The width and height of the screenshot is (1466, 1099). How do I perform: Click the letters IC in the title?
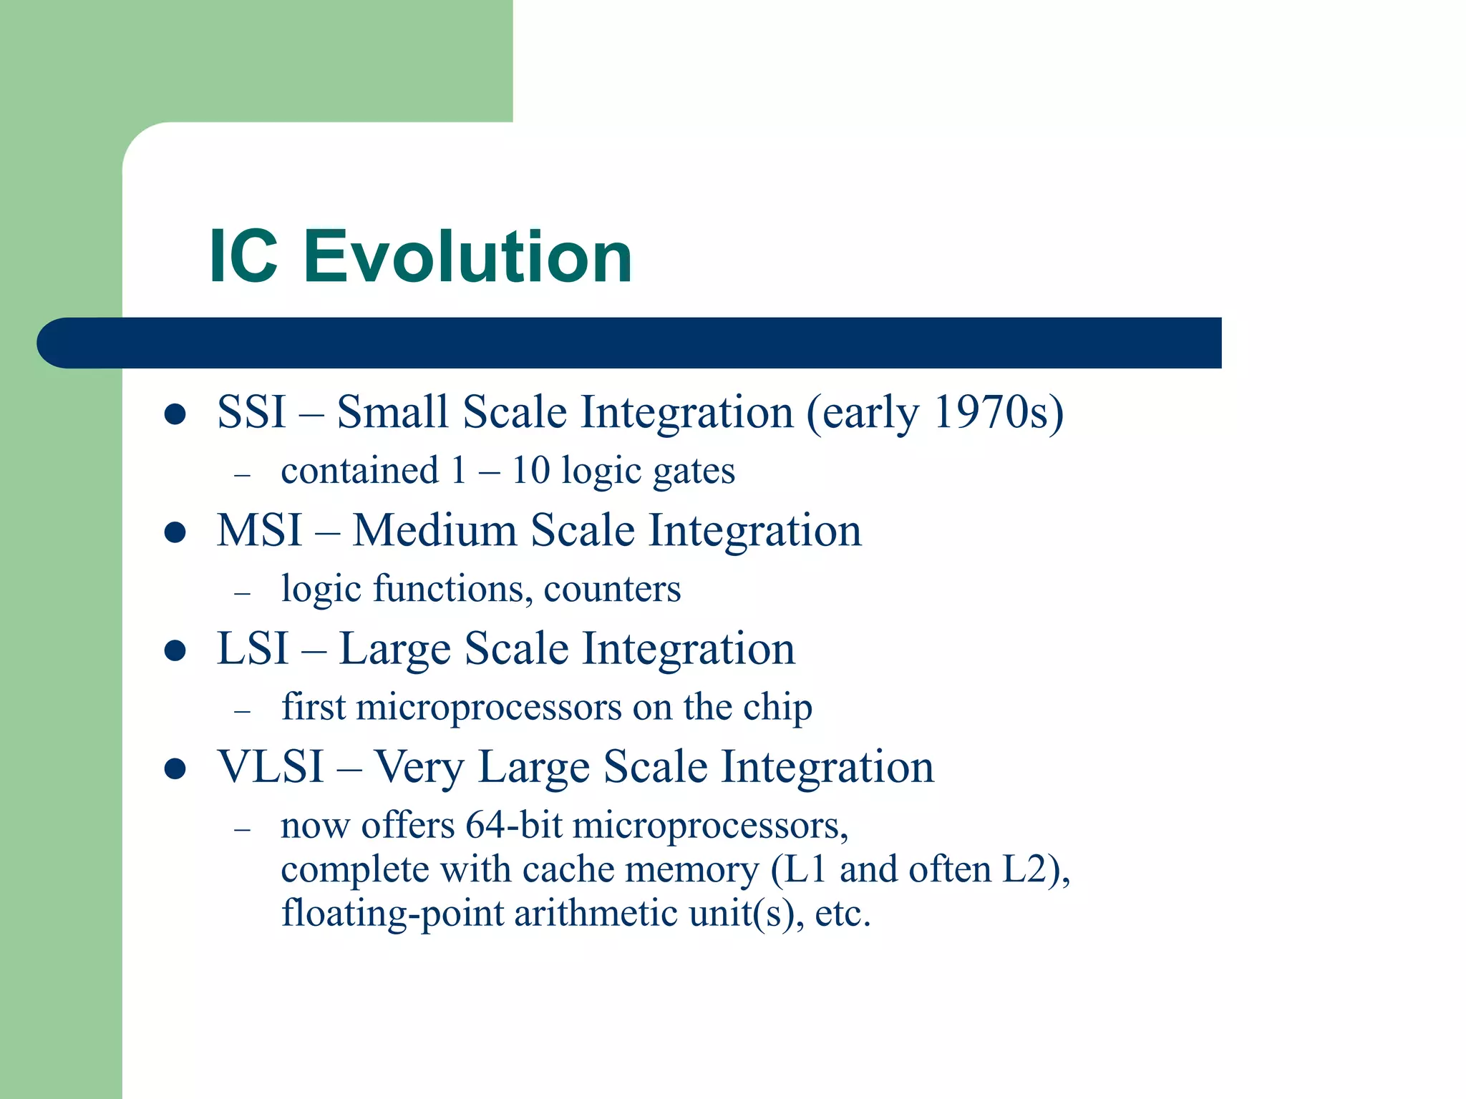[x=243, y=256]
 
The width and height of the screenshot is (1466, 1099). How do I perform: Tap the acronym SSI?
[x=251, y=413]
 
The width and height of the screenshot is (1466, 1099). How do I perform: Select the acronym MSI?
[x=259, y=531]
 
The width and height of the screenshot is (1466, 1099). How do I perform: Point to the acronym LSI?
[x=252, y=649]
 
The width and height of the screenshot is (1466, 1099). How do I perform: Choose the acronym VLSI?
[x=271, y=767]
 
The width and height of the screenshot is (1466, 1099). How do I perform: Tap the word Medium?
[x=433, y=531]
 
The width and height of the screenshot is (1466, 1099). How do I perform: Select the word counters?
[x=612, y=590]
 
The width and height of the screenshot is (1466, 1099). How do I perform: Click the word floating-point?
[x=392, y=914]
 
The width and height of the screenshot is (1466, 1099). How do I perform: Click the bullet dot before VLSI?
[x=175, y=769]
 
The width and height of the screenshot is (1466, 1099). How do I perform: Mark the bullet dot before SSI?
[x=175, y=414]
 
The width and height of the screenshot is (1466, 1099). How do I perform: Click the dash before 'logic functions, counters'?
[x=243, y=593]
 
